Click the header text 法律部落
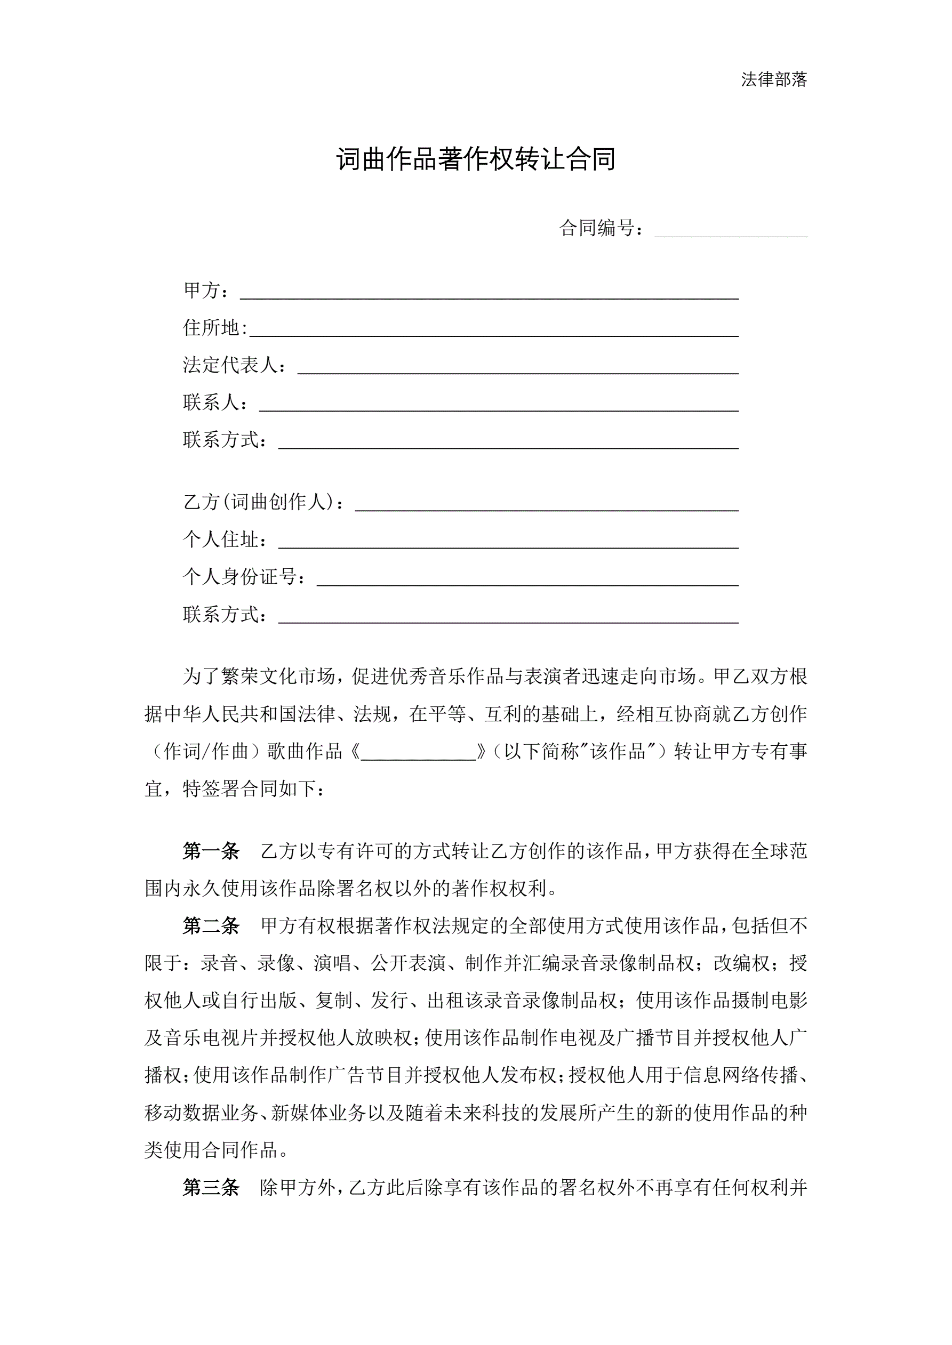coord(774,79)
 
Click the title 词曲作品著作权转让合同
coord(475,159)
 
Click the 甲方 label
coord(202,290)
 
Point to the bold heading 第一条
coord(211,851)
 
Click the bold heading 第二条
coord(211,926)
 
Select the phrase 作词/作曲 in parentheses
coord(206,752)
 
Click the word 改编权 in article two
coord(741,964)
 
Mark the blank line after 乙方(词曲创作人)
coord(546,505)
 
